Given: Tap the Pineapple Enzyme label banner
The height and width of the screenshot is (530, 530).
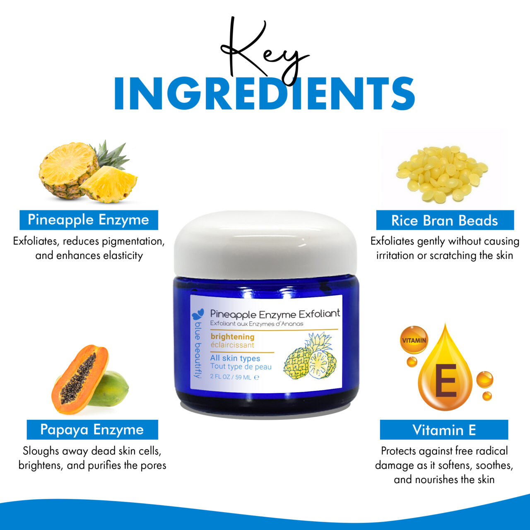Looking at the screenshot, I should tap(89, 220).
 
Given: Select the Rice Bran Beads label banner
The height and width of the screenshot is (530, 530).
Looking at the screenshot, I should tap(445, 220).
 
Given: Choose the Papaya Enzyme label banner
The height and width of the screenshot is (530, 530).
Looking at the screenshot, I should tap(92, 430).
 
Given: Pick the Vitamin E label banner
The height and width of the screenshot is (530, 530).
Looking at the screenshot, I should tap(444, 430).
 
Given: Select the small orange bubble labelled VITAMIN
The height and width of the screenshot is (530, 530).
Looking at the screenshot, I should tap(414, 340).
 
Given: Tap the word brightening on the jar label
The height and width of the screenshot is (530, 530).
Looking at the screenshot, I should tap(232, 337).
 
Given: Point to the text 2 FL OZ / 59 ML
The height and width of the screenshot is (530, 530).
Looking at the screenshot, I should tap(231, 377).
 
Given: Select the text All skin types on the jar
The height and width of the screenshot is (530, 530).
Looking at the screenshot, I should tap(235, 358).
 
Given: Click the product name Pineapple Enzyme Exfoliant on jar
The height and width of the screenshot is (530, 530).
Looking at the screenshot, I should tap(275, 314).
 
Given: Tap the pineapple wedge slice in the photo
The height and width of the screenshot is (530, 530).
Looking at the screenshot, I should tap(109, 184).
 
